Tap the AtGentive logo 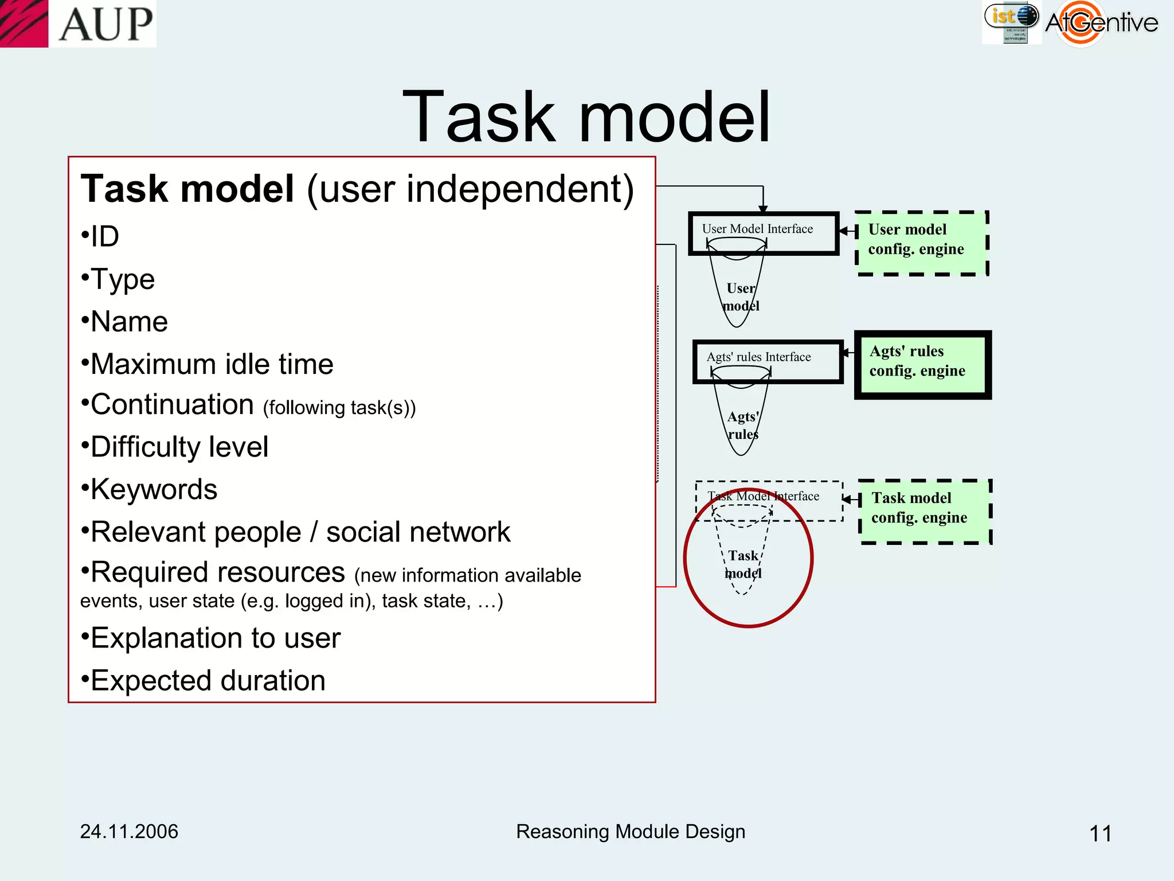pyautogui.click(x=1101, y=23)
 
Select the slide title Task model pyautogui.click(x=586, y=117)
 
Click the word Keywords pyautogui.click(x=154, y=490)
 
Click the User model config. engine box pyautogui.click(x=921, y=242)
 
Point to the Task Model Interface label pyautogui.click(x=764, y=496)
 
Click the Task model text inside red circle pyautogui.click(x=743, y=564)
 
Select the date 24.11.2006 pyautogui.click(x=129, y=832)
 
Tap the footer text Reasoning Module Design pyautogui.click(x=631, y=832)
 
